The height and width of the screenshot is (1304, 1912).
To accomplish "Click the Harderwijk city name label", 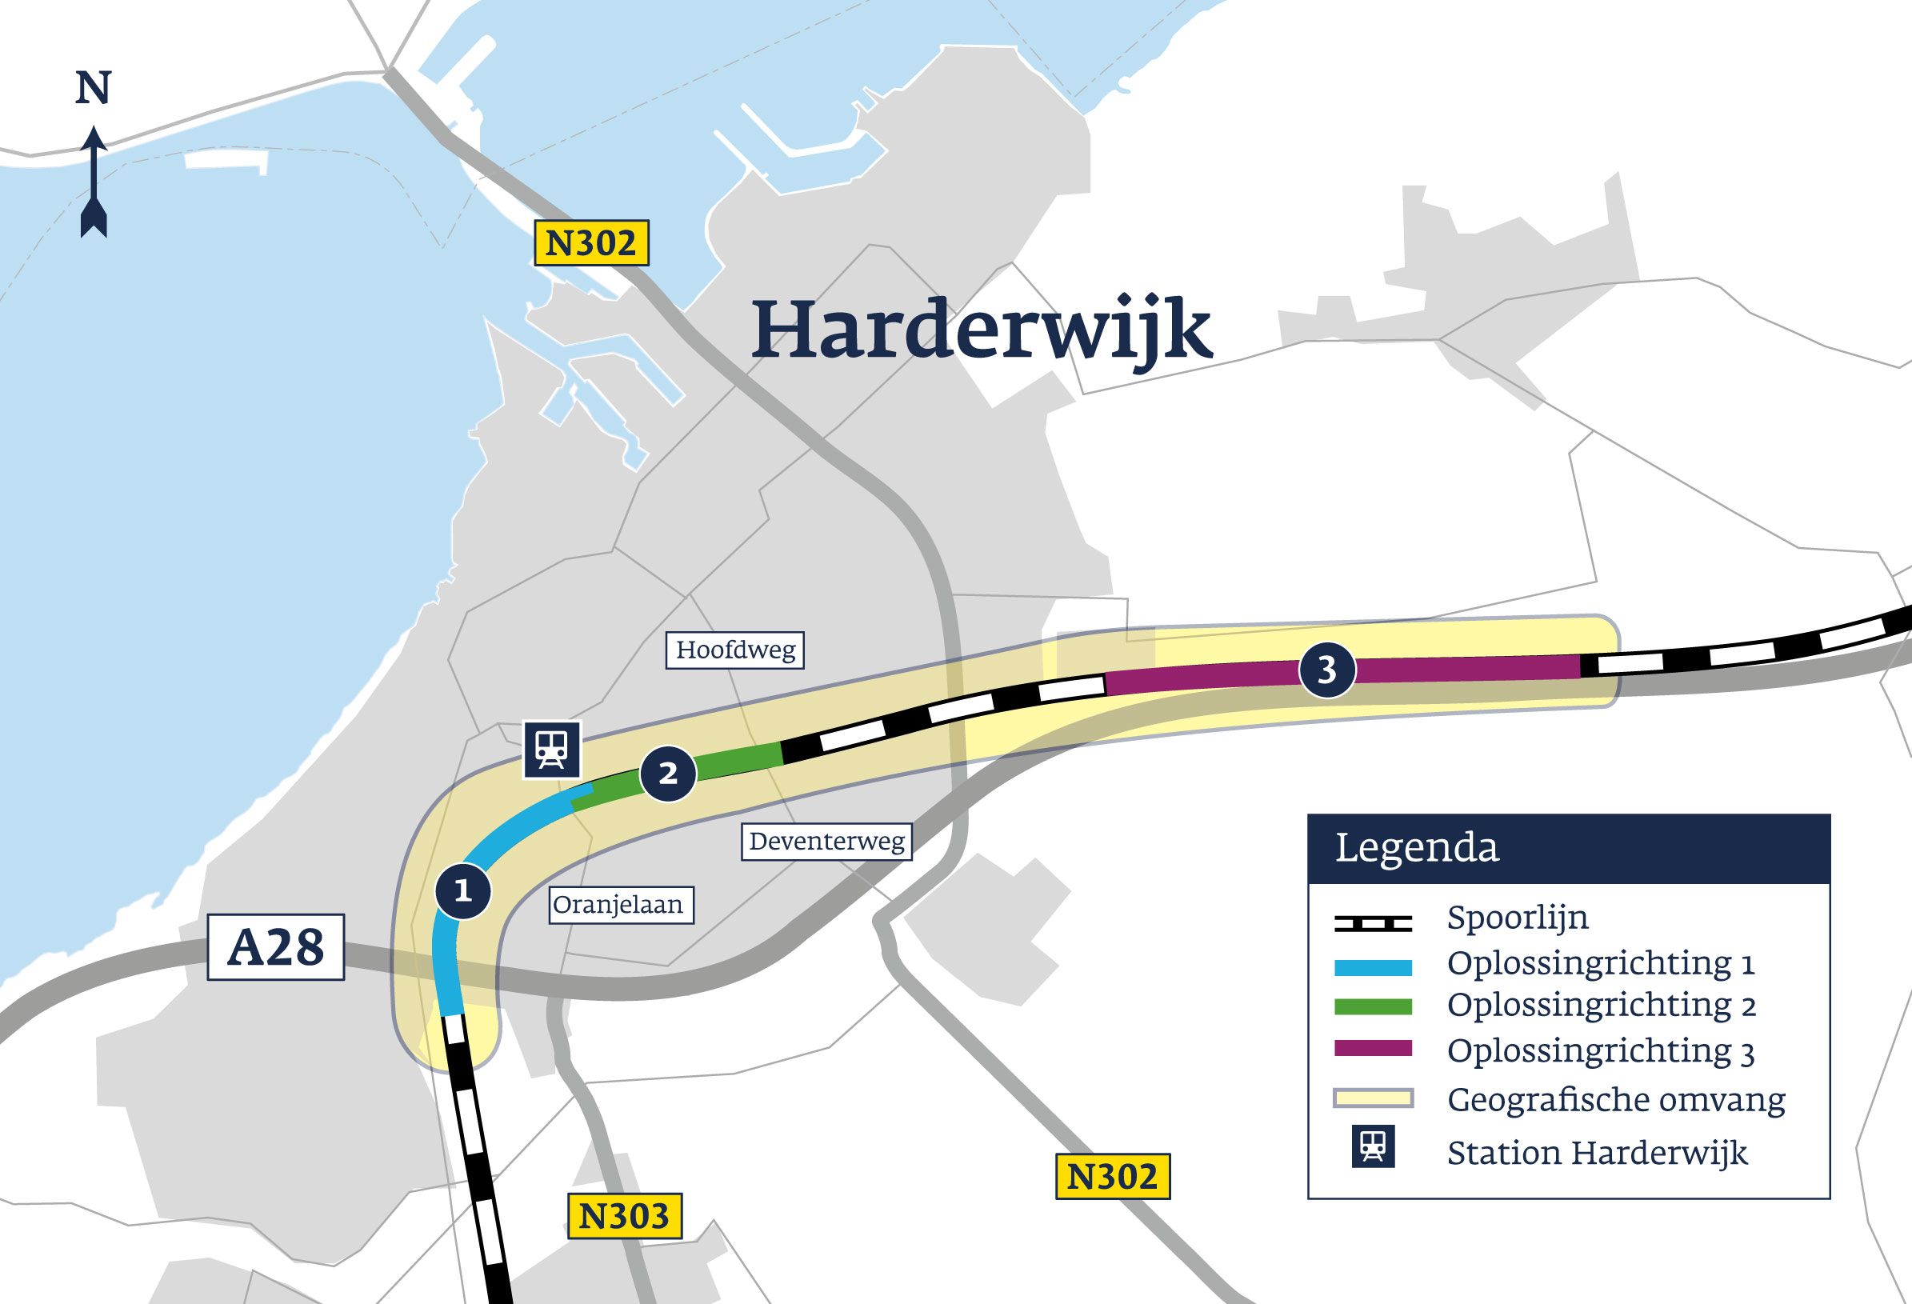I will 982,330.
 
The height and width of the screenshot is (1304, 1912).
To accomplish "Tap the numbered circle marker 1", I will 463,891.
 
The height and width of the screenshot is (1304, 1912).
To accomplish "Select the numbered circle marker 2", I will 668,774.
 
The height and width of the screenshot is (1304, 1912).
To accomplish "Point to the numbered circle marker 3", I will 1327,670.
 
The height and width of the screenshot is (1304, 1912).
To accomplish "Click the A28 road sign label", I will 276,947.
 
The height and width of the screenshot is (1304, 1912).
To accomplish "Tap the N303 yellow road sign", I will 625,1216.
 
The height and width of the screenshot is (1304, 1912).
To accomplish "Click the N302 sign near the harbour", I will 591,242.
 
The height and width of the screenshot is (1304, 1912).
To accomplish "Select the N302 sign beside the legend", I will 1112,1177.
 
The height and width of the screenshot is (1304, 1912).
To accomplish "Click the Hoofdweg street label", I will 734,650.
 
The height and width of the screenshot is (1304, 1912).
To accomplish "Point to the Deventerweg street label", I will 827,842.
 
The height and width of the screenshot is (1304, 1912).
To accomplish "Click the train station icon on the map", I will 552,750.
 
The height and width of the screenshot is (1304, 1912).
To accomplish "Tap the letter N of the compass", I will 93,88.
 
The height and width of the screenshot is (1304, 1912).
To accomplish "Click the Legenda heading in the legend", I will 1417,848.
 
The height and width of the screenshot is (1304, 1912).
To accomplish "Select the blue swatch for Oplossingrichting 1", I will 1372,968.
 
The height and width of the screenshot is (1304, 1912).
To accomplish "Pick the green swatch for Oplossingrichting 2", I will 1372,1006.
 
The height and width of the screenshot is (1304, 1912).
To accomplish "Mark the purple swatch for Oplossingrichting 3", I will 1372,1049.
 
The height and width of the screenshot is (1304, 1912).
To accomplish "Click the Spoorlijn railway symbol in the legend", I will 1372,923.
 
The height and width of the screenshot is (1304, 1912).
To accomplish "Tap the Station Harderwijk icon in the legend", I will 1373,1146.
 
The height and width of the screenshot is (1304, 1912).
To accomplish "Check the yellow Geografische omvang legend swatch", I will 1372,1098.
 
